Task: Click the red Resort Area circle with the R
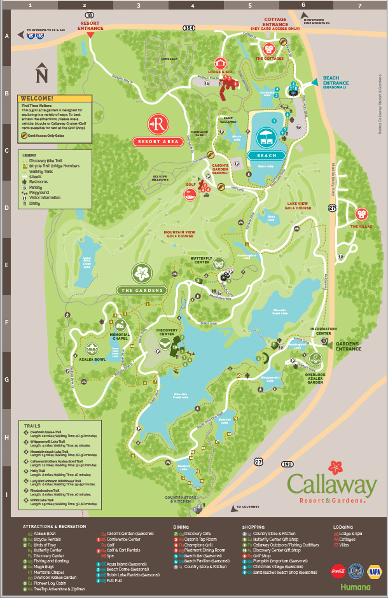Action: [x=156, y=122]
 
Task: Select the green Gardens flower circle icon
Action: [x=141, y=274]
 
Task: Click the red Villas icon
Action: [x=363, y=214]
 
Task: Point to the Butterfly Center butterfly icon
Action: [x=219, y=263]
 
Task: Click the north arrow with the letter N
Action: [x=42, y=74]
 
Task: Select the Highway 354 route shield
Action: [x=189, y=29]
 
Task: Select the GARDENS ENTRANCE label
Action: [x=349, y=346]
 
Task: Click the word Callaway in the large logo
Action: [x=332, y=485]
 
